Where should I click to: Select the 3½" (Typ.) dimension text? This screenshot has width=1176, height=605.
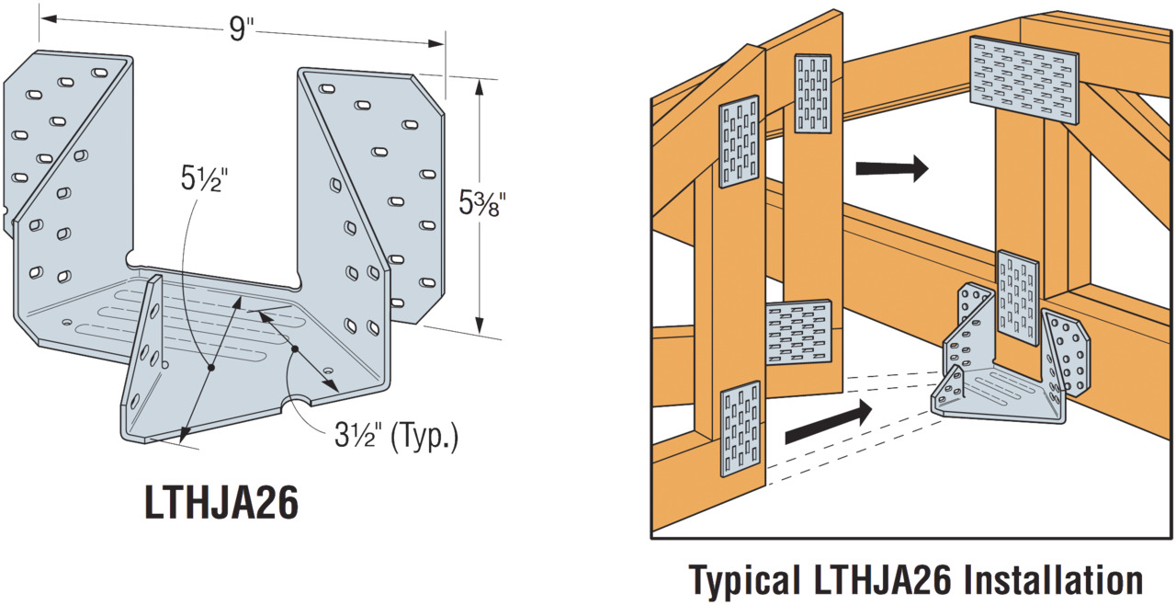(x=396, y=435)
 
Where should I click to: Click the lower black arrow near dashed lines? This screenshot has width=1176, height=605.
(x=826, y=421)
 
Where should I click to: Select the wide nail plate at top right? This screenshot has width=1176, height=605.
(x=1024, y=79)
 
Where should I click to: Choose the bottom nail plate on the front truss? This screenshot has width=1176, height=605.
(x=741, y=429)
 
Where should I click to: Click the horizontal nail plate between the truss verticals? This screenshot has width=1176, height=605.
(x=798, y=332)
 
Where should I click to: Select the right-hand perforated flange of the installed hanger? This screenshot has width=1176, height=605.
(x=1068, y=355)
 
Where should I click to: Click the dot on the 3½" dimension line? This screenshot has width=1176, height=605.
(x=295, y=349)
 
